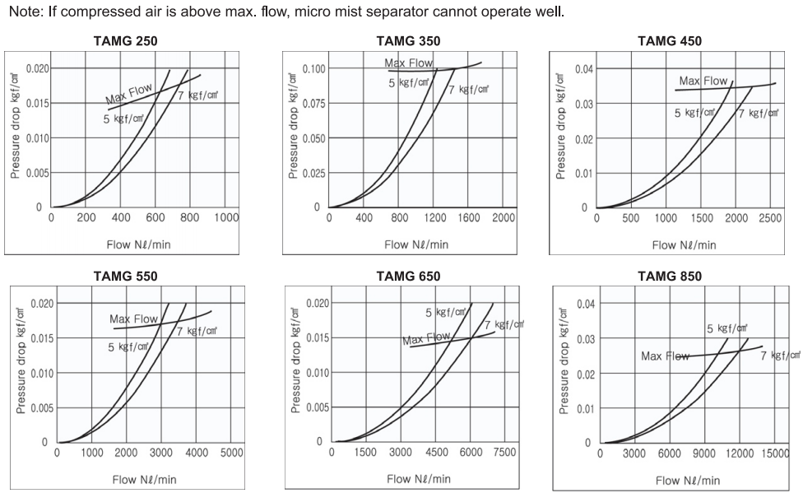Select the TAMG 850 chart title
(x=670, y=277)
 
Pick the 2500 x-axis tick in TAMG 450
(x=770, y=218)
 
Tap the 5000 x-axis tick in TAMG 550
(x=231, y=453)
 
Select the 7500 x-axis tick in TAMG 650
(x=504, y=453)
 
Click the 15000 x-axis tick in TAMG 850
(x=773, y=453)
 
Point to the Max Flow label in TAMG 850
(x=666, y=356)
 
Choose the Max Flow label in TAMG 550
(x=133, y=319)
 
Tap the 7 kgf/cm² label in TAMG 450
(x=757, y=114)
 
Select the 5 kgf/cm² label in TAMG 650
(x=444, y=313)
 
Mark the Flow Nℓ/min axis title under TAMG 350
(x=416, y=244)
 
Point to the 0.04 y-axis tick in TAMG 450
(x=580, y=68)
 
